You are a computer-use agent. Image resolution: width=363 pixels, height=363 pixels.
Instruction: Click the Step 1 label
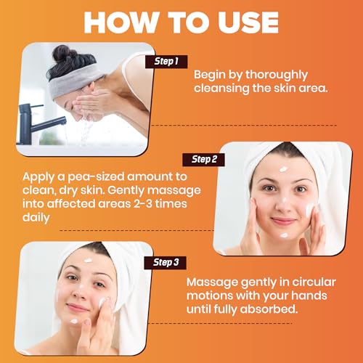pos(166,62)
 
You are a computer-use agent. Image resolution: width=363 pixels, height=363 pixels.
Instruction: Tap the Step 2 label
pos(204,160)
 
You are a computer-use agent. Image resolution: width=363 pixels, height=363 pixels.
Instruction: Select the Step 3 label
pos(166,263)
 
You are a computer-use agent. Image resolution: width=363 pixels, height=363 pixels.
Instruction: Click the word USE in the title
pos(248,23)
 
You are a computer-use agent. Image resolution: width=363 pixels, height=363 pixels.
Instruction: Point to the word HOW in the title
pos(121,23)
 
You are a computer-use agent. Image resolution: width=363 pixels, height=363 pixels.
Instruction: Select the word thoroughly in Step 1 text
pos(277,76)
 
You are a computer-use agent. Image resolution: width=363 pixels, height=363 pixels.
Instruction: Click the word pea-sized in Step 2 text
pos(96,177)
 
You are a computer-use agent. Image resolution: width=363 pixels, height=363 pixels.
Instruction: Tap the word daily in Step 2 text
pos(36,218)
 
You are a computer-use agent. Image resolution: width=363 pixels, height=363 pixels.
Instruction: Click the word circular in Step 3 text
pos(314,282)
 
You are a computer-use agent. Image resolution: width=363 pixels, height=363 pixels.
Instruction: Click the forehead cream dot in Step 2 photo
pos(283,169)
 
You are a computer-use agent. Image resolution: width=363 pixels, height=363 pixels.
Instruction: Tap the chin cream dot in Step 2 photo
pos(284,235)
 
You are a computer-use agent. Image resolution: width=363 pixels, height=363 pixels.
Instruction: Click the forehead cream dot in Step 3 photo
pos(88,261)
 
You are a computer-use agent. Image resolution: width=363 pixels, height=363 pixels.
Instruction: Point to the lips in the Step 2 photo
pos(283,221)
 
